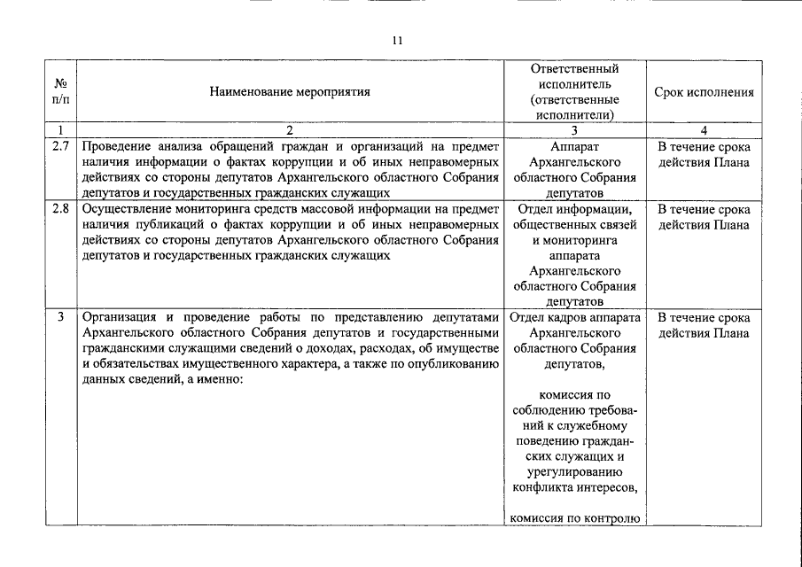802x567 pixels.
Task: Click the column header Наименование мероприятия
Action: pos(290,91)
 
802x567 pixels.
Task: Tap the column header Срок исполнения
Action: pos(704,91)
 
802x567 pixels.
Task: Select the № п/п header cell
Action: pos(61,91)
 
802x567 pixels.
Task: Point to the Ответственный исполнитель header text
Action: pos(573,76)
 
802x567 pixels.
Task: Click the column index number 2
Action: pos(290,129)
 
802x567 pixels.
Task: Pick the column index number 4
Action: pos(704,129)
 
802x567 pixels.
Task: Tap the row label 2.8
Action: pos(61,210)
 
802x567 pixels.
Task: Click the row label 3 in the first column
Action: pos(61,317)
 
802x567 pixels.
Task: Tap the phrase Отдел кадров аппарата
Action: pos(574,317)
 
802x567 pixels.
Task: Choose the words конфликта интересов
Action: pos(574,486)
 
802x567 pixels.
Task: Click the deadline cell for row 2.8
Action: pos(704,217)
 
